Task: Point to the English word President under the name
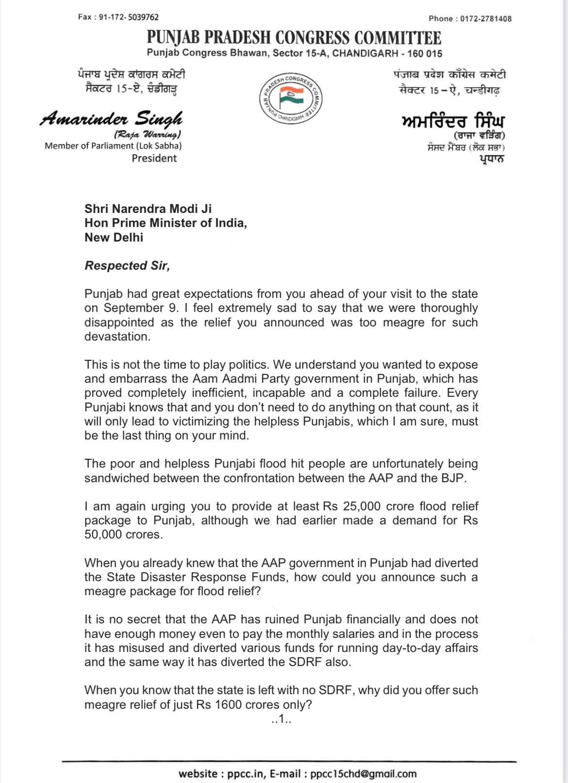[154, 158]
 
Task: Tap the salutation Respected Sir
[127, 266]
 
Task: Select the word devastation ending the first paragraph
[116, 336]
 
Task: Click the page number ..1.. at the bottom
[281, 720]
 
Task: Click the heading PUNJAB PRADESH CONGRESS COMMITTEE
[294, 37]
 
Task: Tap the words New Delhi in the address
[114, 238]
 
